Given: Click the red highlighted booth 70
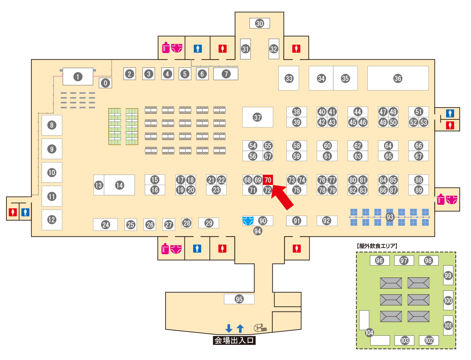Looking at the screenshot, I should point(268,180).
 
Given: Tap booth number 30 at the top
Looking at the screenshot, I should point(260,23).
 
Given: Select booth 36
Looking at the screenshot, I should point(398,78).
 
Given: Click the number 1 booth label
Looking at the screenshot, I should point(78,77).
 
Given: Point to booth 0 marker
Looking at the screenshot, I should point(105,83).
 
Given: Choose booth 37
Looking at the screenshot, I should point(257,117).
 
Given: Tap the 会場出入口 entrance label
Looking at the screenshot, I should point(234,340).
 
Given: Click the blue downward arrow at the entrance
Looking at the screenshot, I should point(229,328).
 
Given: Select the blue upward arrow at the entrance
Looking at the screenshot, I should point(240,328).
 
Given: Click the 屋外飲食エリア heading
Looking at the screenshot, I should point(377,246).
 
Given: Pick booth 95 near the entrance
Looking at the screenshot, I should point(239,299).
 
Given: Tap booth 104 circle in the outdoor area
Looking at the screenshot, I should point(369,333).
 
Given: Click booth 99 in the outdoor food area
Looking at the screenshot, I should point(448,275).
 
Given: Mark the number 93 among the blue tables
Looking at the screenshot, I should point(390,217).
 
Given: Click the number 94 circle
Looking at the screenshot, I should point(257,231).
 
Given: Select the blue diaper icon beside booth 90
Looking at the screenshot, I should point(248,221).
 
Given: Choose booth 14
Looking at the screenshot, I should point(120,185).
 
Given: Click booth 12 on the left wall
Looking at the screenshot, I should point(52,220).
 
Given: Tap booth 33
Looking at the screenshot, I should point(289,78).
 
